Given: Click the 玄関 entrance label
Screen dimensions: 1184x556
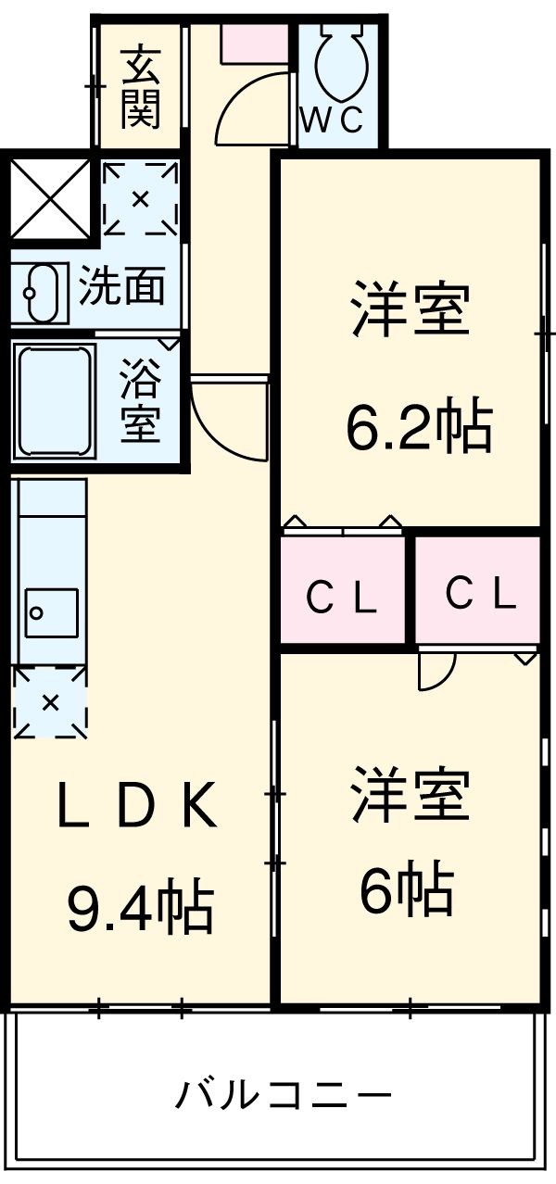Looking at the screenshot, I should click(140, 87).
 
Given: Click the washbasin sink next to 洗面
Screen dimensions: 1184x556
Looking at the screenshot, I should click(41, 291).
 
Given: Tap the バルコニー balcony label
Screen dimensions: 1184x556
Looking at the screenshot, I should click(283, 1097).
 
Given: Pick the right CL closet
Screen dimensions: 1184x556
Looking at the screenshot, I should click(478, 592).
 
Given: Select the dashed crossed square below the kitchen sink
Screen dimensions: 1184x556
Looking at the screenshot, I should click(50, 702).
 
